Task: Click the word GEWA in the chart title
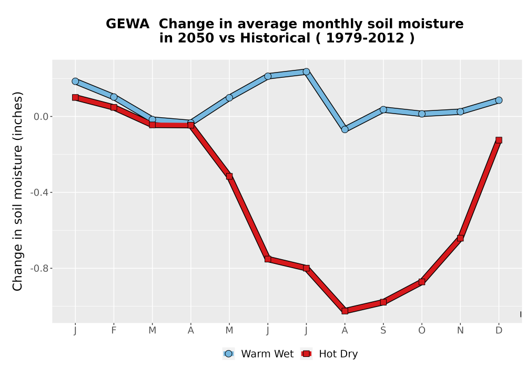click(127, 24)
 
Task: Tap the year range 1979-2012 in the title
click(365, 38)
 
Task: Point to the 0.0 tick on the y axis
click(41, 117)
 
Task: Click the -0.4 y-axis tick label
click(39, 192)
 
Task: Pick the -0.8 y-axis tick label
click(39, 268)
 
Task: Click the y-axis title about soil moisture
click(17, 191)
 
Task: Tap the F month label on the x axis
click(114, 331)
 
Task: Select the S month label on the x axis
click(383, 331)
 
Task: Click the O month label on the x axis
click(422, 331)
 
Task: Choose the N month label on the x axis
click(460, 331)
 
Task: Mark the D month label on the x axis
click(499, 331)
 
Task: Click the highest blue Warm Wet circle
click(306, 71)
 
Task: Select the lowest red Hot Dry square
click(345, 311)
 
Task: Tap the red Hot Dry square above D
click(499, 140)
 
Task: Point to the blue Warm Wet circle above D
click(499, 100)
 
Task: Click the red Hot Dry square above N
click(460, 238)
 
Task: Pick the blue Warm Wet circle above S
click(383, 109)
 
